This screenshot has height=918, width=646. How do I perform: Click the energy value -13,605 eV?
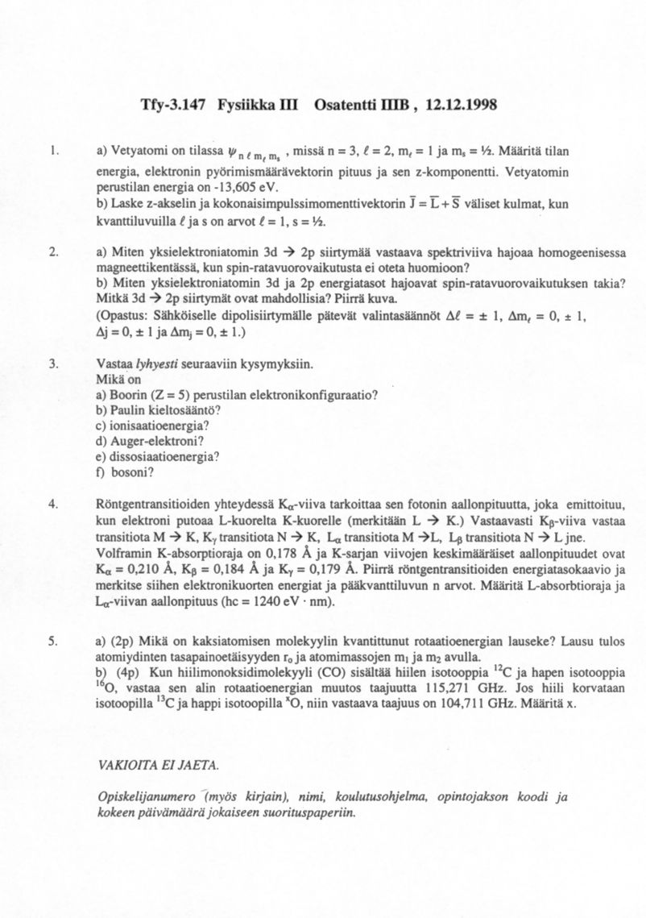click(x=238, y=188)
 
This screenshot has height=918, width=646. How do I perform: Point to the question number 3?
click(x=52, y=364)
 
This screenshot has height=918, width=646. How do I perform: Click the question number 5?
click(x=52, y=642)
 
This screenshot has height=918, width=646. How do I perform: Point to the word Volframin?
click(x=122, y=554)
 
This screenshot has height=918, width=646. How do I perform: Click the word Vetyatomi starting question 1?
click(x=138, y=151)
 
